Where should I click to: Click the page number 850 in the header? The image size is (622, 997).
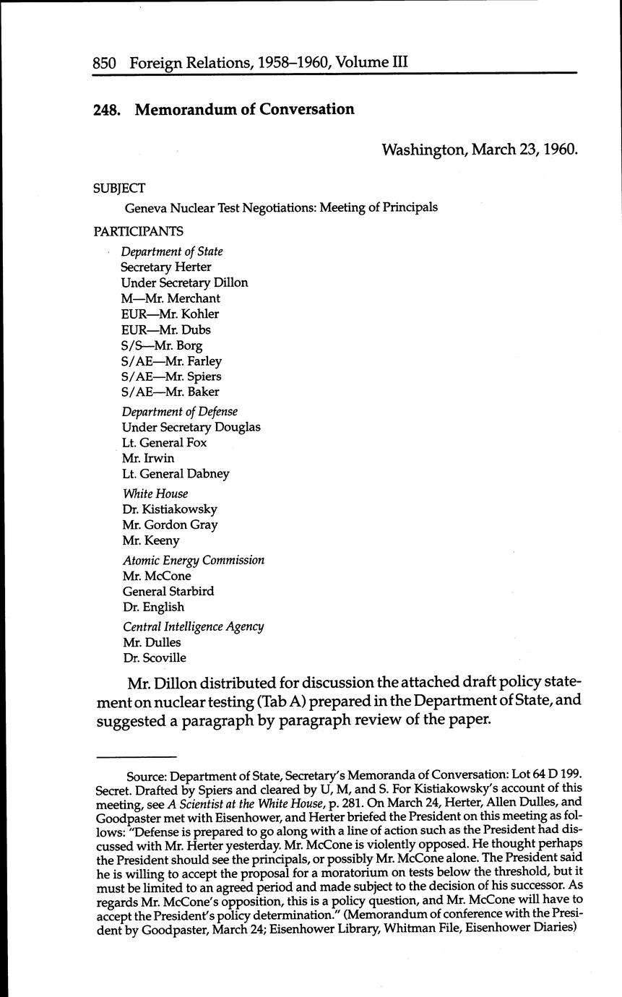point(107,62)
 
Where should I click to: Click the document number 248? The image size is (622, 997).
point(106,109)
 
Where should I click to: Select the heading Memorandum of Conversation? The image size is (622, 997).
point(244,109)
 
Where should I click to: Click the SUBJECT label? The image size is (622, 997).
point(119,188)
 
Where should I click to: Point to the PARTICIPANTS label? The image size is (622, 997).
point(138,231)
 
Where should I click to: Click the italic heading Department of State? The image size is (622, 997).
point(172,251)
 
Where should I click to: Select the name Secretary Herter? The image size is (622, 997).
point(166,267)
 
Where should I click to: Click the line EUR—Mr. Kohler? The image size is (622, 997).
point(170,314)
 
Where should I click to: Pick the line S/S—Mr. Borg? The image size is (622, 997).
point(162,345)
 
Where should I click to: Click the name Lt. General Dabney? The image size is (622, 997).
point(176,474)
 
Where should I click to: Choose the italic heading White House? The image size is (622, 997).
point(155,493)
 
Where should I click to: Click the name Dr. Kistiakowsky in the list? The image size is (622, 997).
point(170,509)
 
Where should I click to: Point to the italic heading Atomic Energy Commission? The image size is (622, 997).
point(194,560)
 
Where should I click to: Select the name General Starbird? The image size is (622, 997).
point(168,591)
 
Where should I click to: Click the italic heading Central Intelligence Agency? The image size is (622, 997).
point(193,626)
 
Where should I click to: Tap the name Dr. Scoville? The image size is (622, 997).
point(155,657)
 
